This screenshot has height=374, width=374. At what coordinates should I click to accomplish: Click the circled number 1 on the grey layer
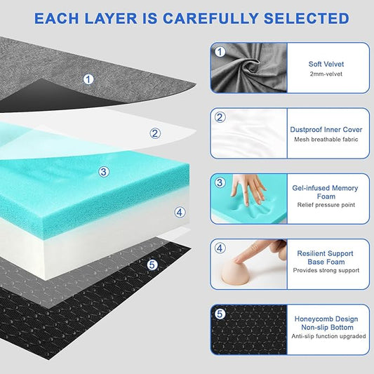pos(88,79)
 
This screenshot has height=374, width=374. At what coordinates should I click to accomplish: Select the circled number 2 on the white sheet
pos(155,133)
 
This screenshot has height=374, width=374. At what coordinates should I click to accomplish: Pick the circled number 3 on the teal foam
pos(104,171)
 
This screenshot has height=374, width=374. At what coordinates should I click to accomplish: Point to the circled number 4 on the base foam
pos(180,211)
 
